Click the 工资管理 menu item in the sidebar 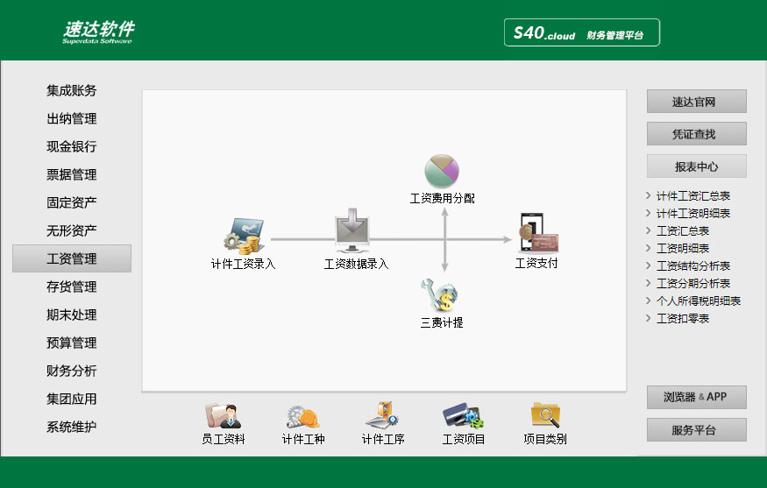click(71, 258)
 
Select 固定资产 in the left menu click(71, 202)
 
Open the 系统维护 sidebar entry click(71, 427)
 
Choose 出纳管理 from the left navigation click(71, 118)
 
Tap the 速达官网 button click(697, 102)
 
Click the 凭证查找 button click(697, 133)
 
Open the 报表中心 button click(697, 166)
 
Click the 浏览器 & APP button click(697, 397)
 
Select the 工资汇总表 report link click(682, 230)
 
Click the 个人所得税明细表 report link click(698, 301)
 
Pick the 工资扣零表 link click(682, 318)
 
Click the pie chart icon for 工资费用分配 click(442, 171)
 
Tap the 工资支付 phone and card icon click(537, 233)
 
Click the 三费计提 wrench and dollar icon click(440, 295)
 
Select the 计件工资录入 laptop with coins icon click(244, 237)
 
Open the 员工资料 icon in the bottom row click(223, 415)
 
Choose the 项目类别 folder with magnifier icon click(545, 414)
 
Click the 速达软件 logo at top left click(98, 32)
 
